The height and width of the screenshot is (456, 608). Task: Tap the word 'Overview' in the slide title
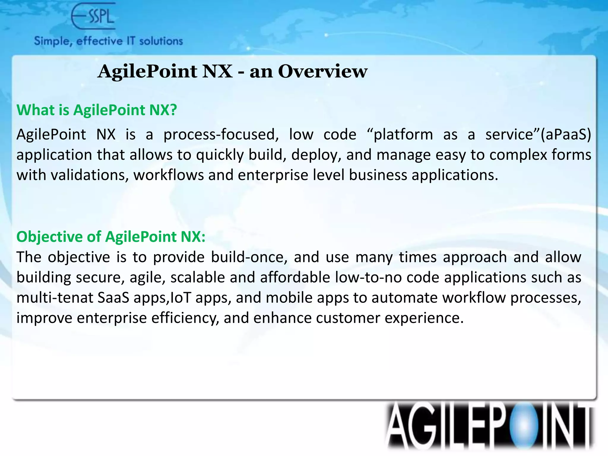(x=322, y=72)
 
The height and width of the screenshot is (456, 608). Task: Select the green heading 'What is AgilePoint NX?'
(x=97, y=110)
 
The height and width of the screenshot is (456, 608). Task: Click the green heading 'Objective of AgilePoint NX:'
(x=111, y=237)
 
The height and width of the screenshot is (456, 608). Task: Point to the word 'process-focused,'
(x=221, y=134)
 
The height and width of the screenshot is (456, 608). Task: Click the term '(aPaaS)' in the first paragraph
(x=566, y=134)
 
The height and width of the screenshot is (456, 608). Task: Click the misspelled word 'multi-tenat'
(x=55, y=297)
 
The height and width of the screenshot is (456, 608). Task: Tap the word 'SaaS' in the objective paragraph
(x=113, y=297)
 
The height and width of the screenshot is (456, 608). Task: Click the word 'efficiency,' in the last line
(x=185, y=318)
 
